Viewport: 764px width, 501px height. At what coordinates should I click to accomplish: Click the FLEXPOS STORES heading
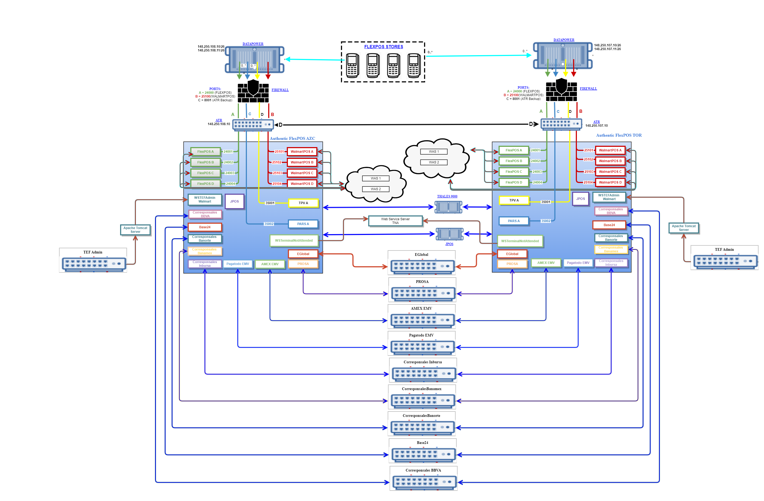coord(383,47)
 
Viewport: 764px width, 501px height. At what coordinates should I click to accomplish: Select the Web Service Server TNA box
coord(395,221)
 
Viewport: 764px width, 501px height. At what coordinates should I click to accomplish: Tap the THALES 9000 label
coord(447,196)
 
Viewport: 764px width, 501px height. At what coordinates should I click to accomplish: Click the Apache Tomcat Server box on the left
coord(135,230)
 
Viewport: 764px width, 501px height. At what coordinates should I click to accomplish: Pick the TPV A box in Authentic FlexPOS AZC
coord(303,203)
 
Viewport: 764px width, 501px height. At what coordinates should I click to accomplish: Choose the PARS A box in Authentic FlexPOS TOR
coord(513,221)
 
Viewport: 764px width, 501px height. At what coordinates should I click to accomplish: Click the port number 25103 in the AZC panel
coord(277,173)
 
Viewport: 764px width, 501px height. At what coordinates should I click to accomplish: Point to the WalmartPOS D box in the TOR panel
coord(610,182)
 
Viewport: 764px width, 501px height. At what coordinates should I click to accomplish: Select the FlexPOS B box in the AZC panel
coord(205,162)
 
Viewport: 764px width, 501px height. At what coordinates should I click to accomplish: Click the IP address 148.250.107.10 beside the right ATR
coord(596,126)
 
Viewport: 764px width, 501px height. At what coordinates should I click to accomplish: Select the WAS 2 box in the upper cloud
coord(434,162)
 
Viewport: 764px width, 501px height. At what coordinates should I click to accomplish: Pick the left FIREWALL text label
coord(280,90)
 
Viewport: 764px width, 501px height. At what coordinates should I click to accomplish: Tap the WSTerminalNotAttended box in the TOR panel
coord(520,241)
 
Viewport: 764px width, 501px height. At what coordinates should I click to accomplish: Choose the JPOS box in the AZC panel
coord(234,201)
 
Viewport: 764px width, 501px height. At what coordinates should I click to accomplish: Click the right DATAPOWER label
coord(564,40)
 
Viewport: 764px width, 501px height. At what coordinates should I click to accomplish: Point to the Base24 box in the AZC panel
coord(205,227)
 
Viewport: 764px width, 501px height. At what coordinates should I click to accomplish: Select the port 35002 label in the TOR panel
coord(546,221)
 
